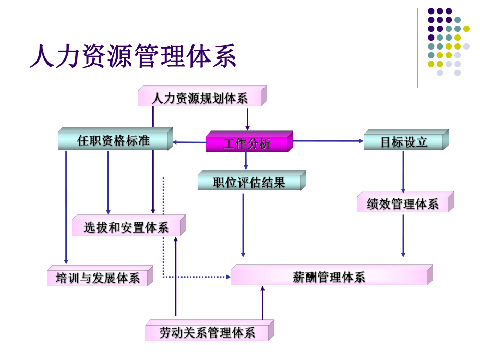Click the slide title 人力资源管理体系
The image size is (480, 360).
(x=133, y=56)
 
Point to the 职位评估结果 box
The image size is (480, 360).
(x=249, y=183)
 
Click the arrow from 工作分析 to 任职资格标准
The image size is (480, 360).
(x=189, y=142)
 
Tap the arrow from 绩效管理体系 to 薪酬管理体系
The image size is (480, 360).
(x=403, y=235)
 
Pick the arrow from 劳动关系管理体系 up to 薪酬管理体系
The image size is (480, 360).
(x=262, y=303)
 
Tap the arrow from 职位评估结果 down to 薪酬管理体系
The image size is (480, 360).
(x=243, y=224)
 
